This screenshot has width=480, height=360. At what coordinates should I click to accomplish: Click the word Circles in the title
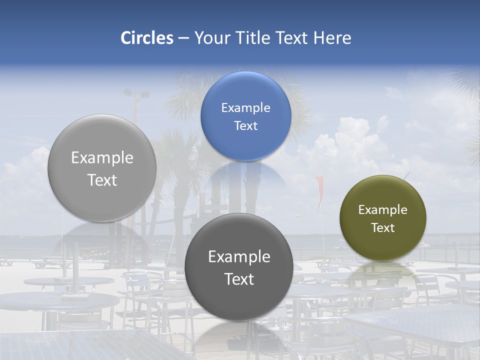(x=147, y=38)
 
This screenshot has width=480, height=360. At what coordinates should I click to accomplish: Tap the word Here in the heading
(x=332, y=38)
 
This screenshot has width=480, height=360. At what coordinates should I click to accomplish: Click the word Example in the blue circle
(x=245, y=108)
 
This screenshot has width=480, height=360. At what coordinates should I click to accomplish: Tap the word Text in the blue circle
(x=245, y=126)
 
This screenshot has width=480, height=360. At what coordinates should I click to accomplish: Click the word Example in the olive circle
(x=382, y=210)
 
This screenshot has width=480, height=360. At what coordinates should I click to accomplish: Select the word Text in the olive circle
(x=382, y=228)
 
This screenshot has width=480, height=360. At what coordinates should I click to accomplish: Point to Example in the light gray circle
(x=102, y=158)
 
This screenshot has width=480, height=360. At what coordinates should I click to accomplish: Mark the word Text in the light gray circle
(x=102, y=180)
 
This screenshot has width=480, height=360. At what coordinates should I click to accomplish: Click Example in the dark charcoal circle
(x=239, y=257)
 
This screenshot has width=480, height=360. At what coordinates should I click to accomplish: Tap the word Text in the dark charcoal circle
(x=239, y=279)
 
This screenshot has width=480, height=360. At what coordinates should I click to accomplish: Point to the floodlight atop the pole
(x=136, y=93)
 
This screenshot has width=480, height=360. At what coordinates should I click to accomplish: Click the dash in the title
(x=183, y=38)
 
